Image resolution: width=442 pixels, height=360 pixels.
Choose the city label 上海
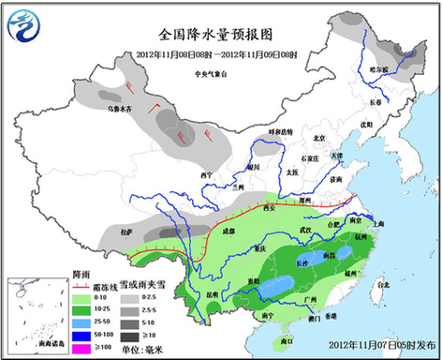(377, 224)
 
